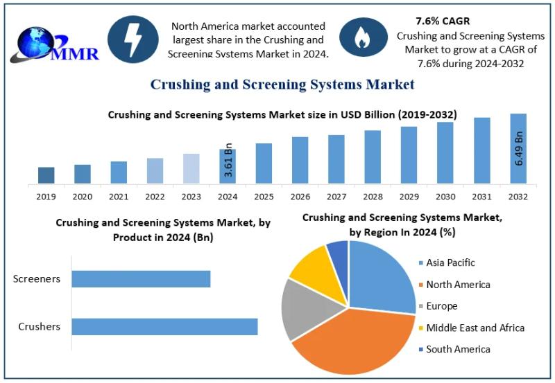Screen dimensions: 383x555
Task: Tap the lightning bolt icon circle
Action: pos(134,39)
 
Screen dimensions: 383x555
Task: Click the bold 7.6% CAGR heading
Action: pos(442,21)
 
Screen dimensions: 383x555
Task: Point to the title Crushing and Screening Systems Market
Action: pos(282,84)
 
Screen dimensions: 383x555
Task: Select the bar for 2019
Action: pos(46,175)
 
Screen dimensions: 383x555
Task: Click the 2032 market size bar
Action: pos(518,149)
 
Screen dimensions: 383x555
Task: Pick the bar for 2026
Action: pos(300,160)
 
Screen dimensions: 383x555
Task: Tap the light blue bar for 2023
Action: pos(191,168)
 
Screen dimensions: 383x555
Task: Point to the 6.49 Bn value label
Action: pos(519,147)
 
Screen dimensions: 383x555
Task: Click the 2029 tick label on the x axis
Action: pos(409,197)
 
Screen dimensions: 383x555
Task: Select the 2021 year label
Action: pos(119,197)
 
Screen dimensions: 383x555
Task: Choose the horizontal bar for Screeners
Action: pos(141,278)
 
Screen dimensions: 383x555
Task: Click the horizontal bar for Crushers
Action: pos(164,326)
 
